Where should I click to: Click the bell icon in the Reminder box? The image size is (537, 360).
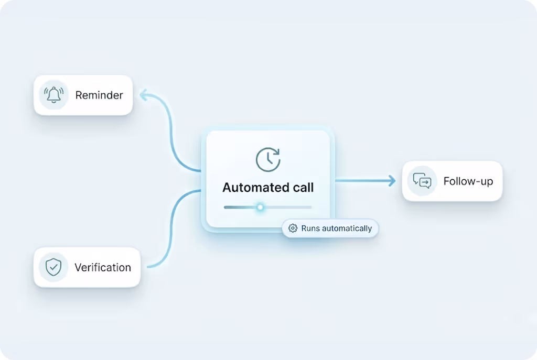click(x=53, y=95)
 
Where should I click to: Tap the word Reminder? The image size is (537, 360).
click(x=99, y=95)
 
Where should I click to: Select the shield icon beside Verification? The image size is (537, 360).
click(x=53, y=267)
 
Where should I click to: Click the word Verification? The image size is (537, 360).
click(x=103, y=267)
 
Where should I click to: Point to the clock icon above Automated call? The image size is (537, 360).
click(x=268, y=159)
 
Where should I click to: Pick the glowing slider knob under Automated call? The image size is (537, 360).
click(x=260, y=207)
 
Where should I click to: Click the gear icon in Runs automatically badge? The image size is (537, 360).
click(x=293, y=228)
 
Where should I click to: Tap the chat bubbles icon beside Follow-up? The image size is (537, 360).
click(x=422, y=181)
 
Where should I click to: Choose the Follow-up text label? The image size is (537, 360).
click(x=468, y=182)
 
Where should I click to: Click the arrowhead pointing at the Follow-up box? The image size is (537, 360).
click(x=391, y=181)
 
